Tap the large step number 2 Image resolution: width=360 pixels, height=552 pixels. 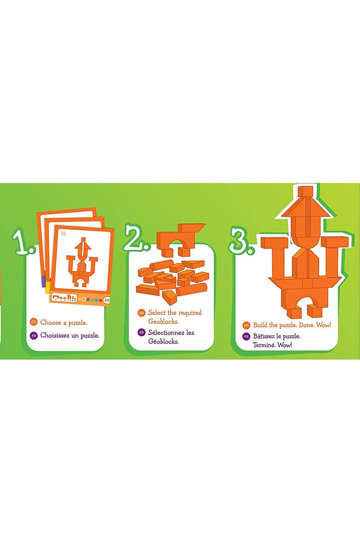click(x=134, y=238)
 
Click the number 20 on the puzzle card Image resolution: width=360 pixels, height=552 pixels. click(x=107, y=300)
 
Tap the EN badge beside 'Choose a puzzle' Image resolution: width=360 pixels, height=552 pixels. click(x=33, y=322)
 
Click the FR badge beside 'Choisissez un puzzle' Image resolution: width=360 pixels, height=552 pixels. click(x=33, y=336)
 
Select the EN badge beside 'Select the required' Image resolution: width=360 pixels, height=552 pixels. click(x=142, y=313)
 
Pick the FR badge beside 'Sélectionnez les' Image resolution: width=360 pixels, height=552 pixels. click(x=142, y=332)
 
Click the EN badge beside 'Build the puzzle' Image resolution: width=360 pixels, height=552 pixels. click(x=246, y=325)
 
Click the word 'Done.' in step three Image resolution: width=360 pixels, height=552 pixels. click(x=304, y=325)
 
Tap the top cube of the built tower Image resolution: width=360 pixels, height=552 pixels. click(x=305, y=192)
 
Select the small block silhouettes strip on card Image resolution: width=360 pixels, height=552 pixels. click(x=64, y=298)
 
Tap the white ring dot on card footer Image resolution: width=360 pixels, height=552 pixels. click(x=83, y=299)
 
